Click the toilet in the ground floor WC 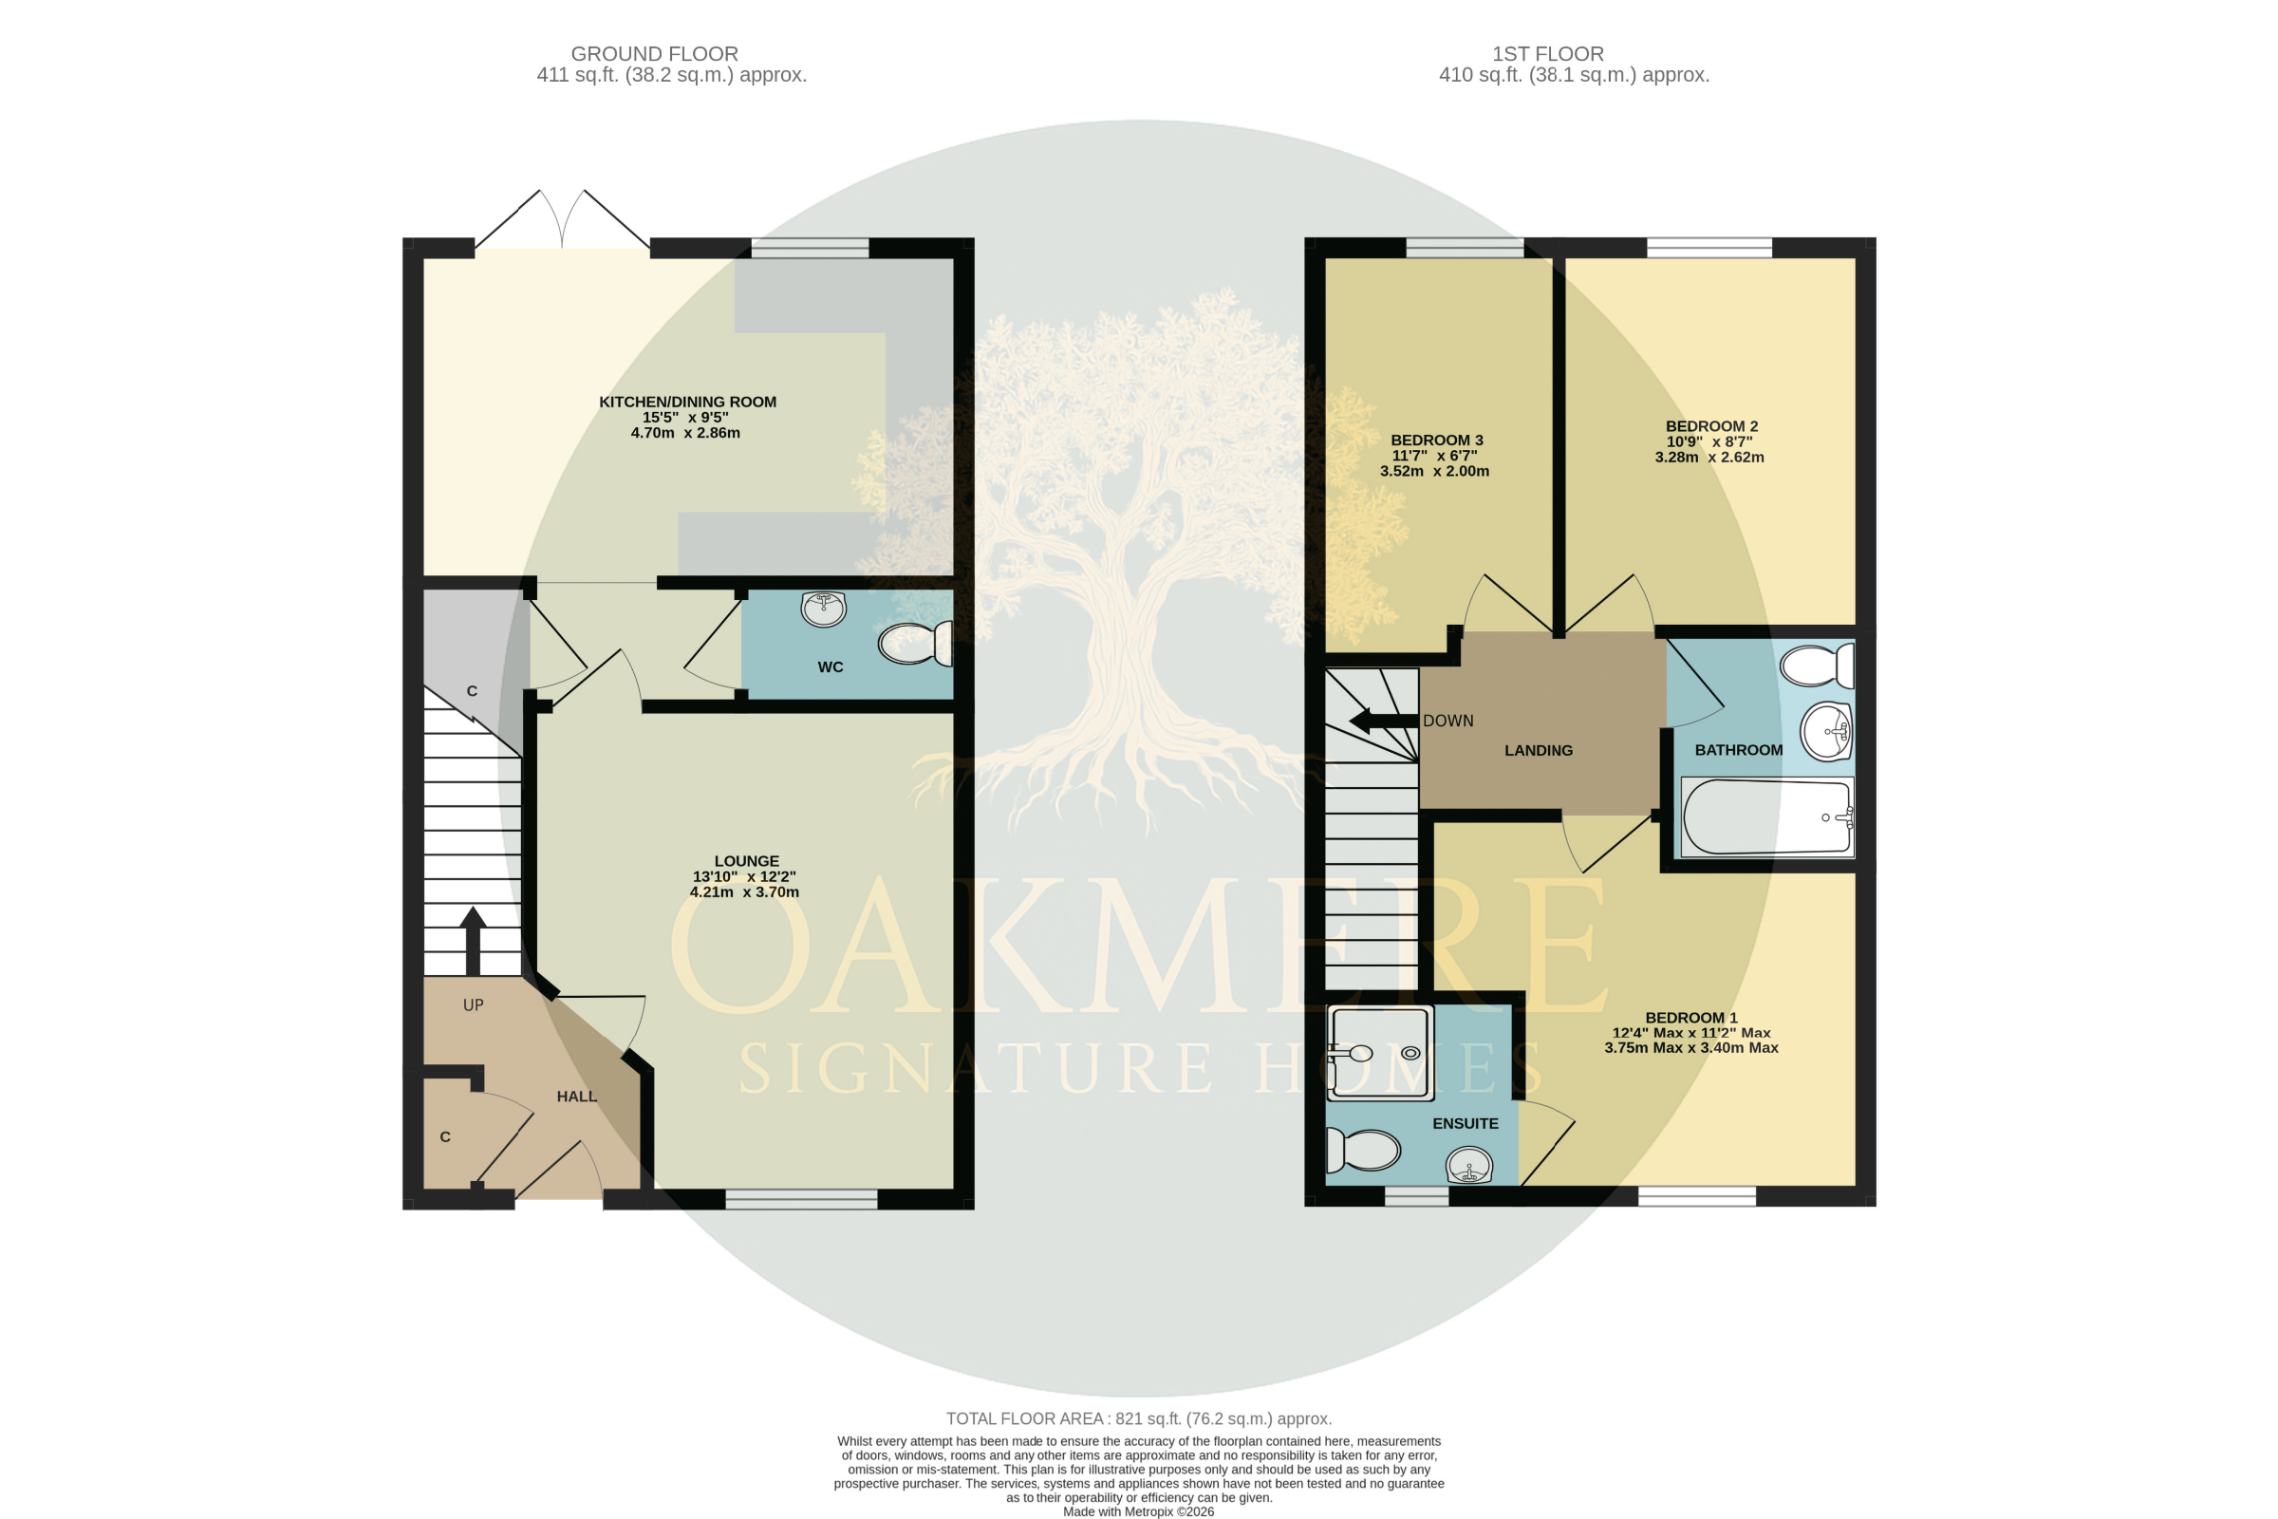click(915, 645)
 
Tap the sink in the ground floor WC click(824, 609)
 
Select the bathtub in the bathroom click(1767, 816)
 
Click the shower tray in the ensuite click(1380, 1054)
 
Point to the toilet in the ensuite click(1363, 1151)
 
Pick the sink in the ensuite click(1469, 1165)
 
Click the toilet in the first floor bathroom click(1817, 666)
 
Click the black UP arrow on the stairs click(473, 941)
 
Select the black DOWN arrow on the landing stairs click(1384, 721)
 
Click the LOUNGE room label click(746, 860)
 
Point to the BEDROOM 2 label click(1711, 426)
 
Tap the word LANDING click(1538, 750)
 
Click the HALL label click(576, 1096)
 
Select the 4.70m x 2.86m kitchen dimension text click(684, 433)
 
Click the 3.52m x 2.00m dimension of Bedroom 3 click(1434, 472)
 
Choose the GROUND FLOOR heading click(654, 54)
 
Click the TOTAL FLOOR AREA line click(1139, 1418)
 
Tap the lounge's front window click(801, 1199)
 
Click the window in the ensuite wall click(1416, 1197)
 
